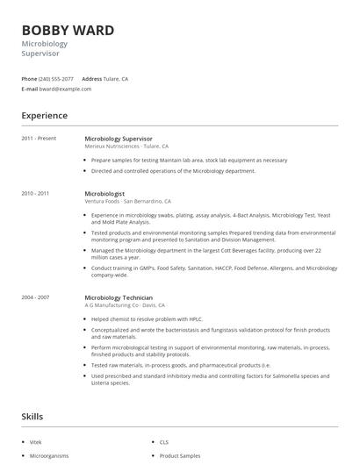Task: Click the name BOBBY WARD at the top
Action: [x=68, y=31]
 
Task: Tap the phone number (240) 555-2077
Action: [x=57, y=78]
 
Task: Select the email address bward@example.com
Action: [x=66, y=89]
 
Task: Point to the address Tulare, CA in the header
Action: [x=116, y=78]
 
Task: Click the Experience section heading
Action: [x=44, y=116]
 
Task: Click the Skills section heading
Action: [x=32, y=417]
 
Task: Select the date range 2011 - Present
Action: [x=39, y=138]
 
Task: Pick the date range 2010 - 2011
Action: [x=35, y=193]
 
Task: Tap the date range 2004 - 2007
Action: [x=35, y=297]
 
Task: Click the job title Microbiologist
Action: [x=104, y=193]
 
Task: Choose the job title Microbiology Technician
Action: [x=119, y=297]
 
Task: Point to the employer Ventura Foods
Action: [x=104, y=202]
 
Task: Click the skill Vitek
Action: [x=36, y=442]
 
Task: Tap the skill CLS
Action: [x=164, y=442]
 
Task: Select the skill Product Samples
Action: [x=180, y=456]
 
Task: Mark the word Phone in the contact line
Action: [x=30, y=78]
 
